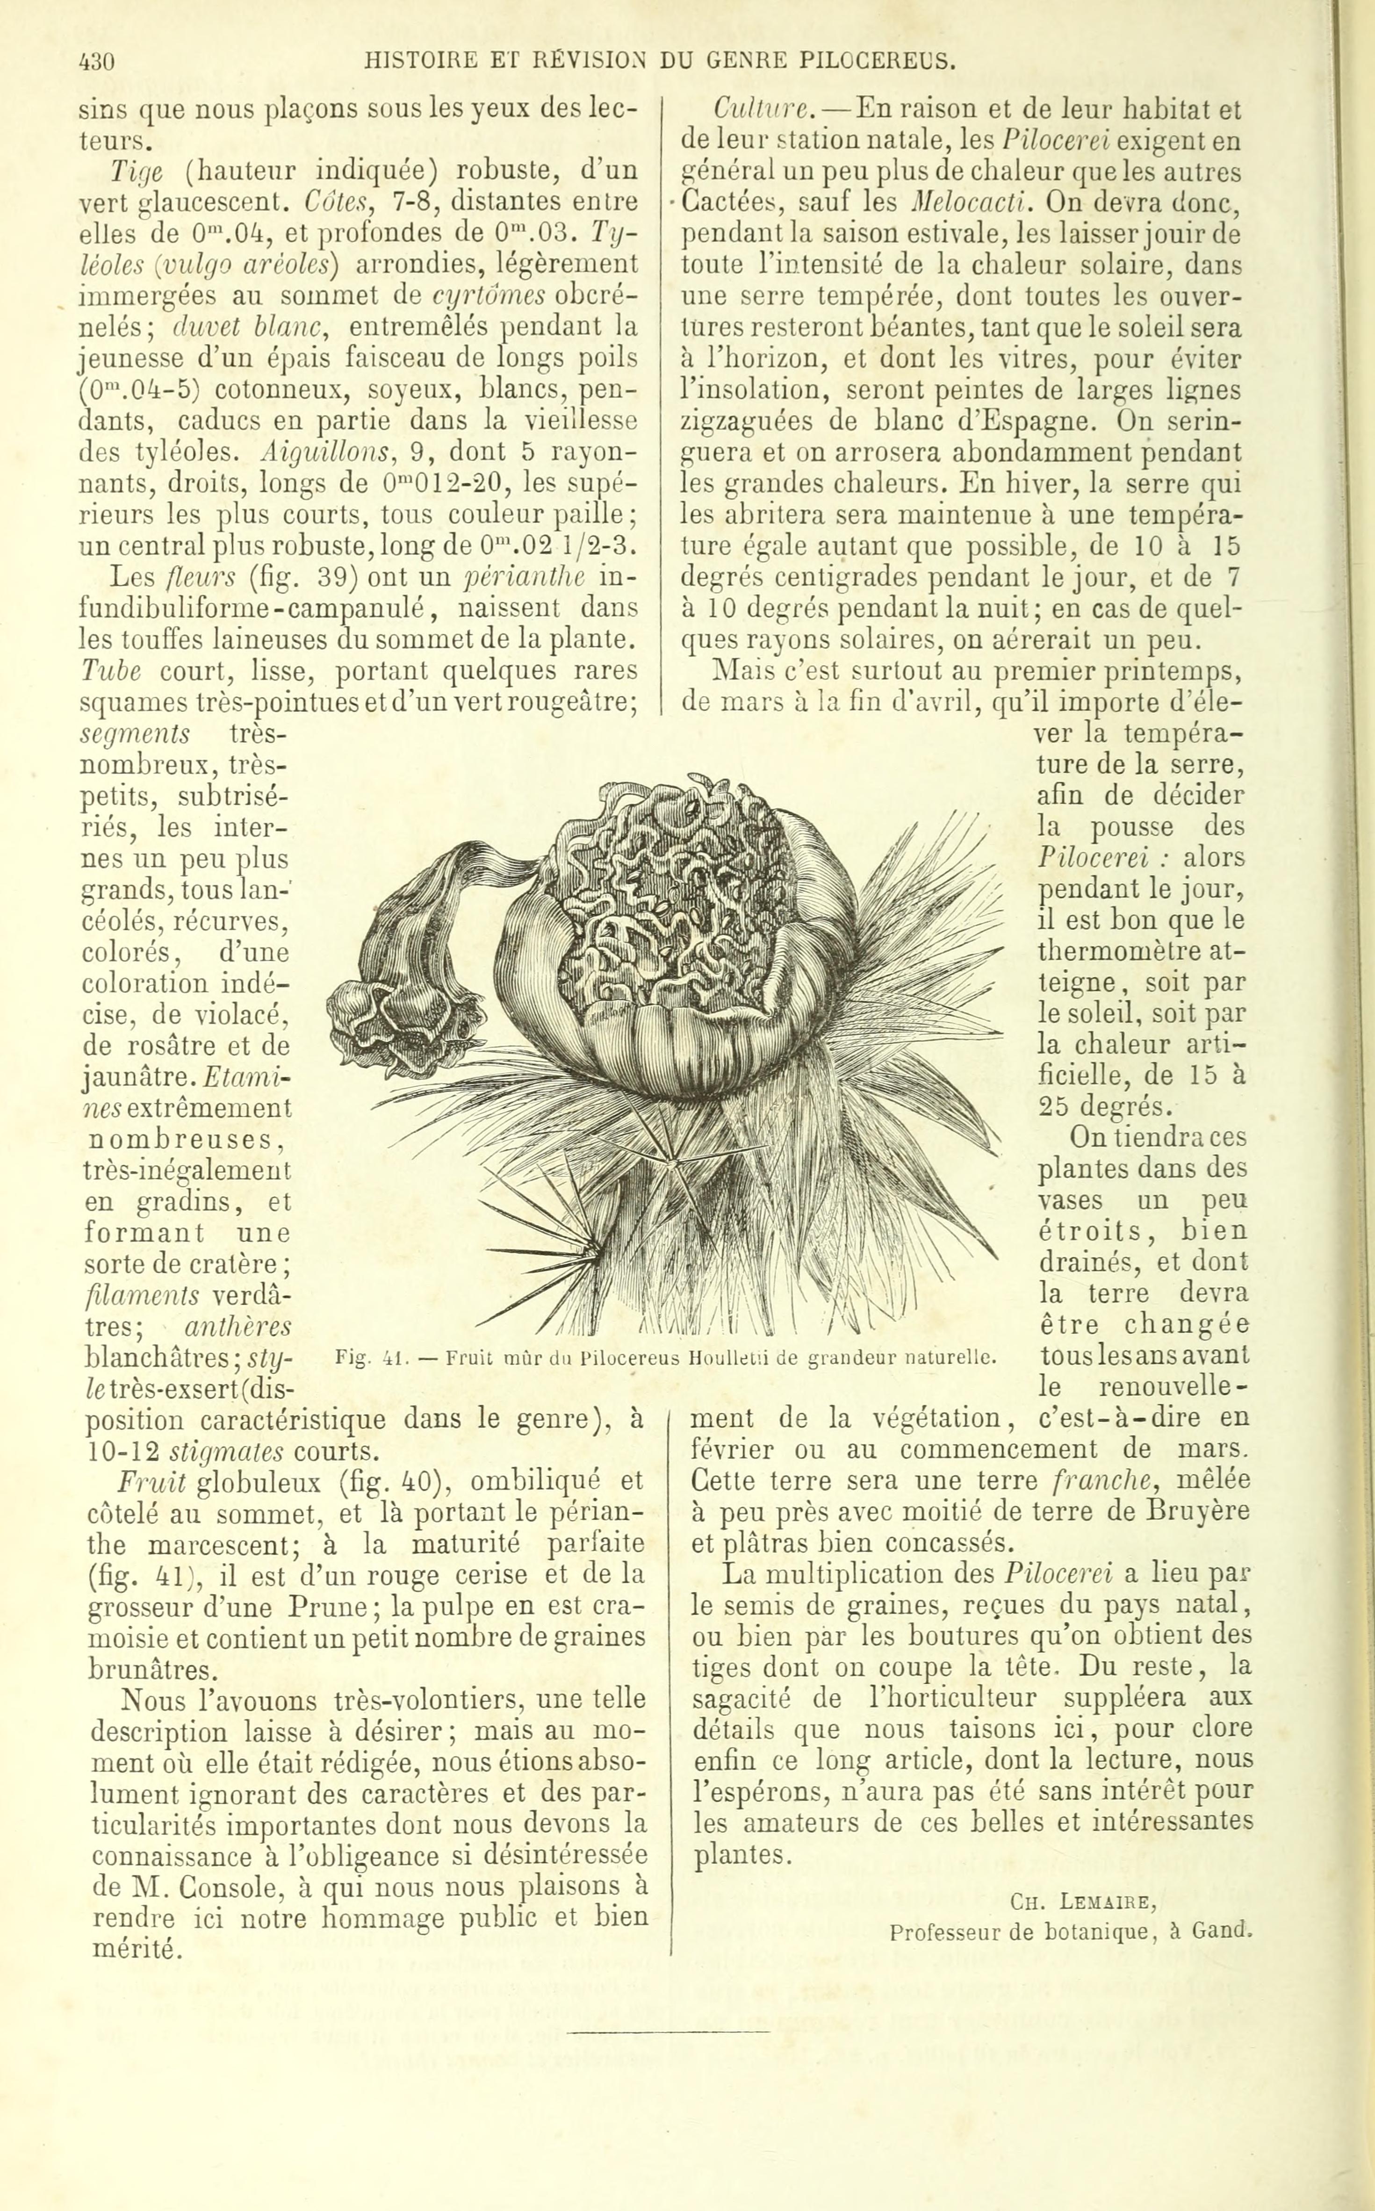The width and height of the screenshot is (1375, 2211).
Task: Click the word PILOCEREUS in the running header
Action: tap(878, 62)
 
